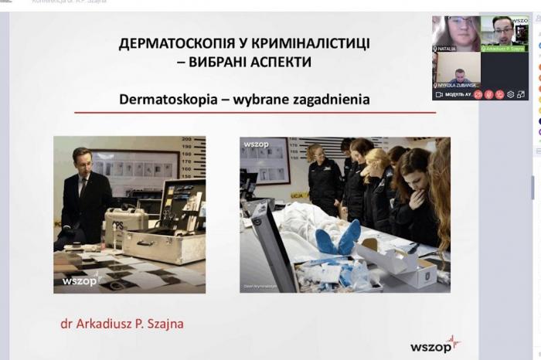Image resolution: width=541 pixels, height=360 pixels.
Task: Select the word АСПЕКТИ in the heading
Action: (279, 62)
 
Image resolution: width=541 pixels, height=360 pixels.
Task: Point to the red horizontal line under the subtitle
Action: (255, 113)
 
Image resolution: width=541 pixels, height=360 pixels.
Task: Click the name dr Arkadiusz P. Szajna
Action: (122, 324)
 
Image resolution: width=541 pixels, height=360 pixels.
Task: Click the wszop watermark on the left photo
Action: (80, 281)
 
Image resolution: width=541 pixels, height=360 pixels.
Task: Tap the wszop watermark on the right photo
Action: (256, 144)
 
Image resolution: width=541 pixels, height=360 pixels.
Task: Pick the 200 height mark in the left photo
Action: (186, 140)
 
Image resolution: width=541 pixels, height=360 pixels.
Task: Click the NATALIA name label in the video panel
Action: (447, 49)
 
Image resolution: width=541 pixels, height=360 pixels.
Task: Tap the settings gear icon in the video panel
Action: (510, 94)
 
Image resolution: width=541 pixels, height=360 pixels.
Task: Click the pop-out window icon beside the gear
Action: (521, 94)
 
